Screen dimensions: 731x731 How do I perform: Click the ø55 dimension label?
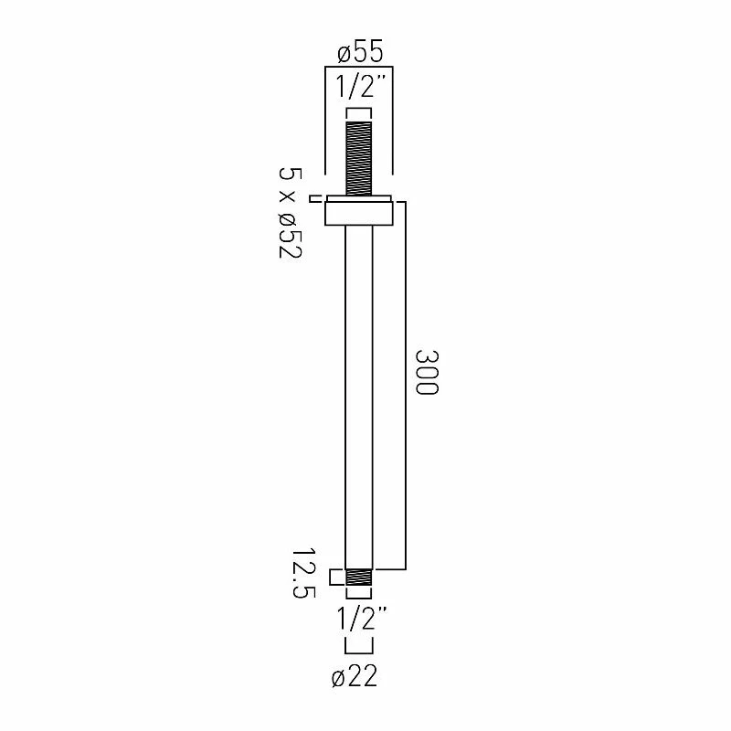coord(360,51)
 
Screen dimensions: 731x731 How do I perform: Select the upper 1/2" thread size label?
coord(361,87)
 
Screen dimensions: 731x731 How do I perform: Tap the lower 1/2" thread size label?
coord(361,619)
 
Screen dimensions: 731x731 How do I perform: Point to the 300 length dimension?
coord(427,373)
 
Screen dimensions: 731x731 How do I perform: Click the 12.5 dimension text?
coord(303,573)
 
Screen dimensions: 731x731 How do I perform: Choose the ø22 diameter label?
coord(355,675)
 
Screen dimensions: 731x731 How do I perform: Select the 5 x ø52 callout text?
coord(291,213)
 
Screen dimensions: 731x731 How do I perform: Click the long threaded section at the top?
coord(359,158)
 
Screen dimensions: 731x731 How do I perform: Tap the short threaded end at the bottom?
coord(359,577)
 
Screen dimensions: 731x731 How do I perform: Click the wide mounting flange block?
coord(359,214)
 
